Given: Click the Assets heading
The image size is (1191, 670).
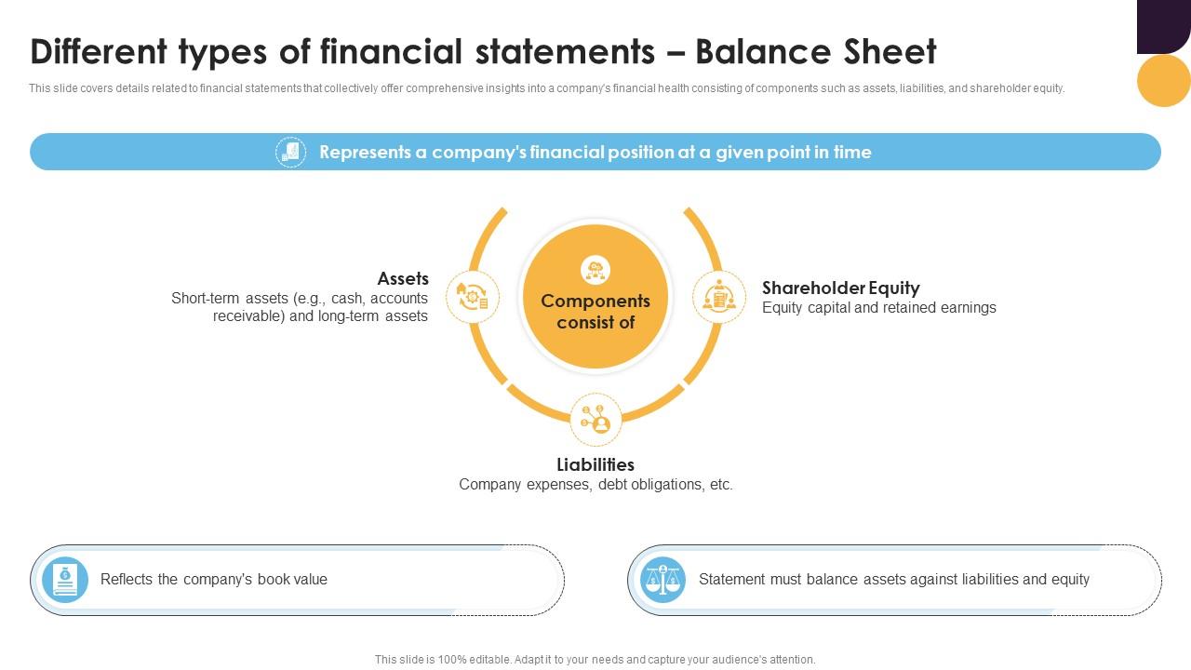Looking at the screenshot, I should [x=403, y=278].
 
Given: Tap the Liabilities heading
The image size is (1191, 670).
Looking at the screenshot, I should [x=595, y=464].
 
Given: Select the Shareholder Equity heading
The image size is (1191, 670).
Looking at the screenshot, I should [x=841, y=288].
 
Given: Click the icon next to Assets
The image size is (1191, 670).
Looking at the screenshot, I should [x=473, y=297].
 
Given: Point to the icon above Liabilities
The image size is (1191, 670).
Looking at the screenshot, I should [x=595, y=420].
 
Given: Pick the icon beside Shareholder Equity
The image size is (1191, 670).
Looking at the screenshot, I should [x=719, y=297].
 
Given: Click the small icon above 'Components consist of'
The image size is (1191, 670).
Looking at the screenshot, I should [x=595, y=270].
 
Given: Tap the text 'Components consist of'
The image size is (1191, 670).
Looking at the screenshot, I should [x=595, y=312].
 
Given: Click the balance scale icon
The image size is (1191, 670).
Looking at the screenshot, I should [x=664, y=580].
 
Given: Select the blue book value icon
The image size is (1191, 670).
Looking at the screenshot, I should [x=65, y=580].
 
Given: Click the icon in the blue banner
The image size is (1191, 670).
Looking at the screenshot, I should [x=290, y=152].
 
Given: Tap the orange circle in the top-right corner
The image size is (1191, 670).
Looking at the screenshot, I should [x=1164, y=80].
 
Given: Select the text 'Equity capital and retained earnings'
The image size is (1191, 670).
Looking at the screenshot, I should [x=879, y=308].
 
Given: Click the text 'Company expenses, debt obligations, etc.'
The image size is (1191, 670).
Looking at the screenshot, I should [x=595, y=485].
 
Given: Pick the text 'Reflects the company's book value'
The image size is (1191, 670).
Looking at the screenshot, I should [x=214, y=580].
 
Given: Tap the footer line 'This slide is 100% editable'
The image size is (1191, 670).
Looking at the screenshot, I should [x=595, y=660].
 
